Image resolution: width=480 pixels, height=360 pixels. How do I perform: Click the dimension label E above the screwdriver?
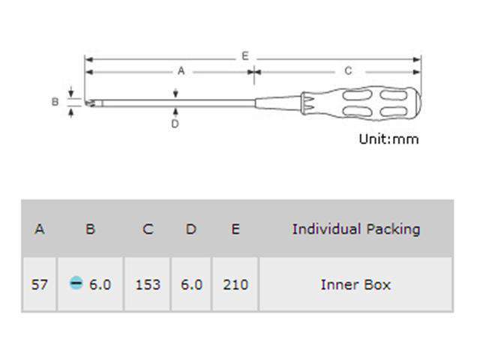click(245, 56)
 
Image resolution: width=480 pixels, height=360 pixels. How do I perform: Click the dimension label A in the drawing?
click(181, 71)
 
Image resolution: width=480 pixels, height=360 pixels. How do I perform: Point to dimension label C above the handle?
click(348, 71)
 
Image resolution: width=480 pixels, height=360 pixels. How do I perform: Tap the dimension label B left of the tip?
click(55, 101)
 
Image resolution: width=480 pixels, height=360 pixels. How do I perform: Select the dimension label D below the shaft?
click(175, 124)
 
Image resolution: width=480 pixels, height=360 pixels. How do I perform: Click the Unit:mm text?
click(388, 139)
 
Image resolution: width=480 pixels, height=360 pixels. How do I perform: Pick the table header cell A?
click(40, 229)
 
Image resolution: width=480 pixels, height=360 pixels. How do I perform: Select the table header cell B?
click(90, 229)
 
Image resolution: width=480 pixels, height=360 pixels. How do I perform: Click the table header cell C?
click(148, 229)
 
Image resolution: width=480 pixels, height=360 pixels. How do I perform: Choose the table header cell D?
click(191, 229)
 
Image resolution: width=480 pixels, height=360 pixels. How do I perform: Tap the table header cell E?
click(235, 229)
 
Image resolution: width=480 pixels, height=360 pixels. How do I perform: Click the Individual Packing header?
click(355, 229)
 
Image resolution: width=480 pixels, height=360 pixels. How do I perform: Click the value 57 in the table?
click(40, 284)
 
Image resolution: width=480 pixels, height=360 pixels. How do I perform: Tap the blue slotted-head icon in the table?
click(76, 283)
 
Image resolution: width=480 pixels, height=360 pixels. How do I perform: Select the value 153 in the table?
click(148, 284)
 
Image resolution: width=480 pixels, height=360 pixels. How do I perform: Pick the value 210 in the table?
click(235, 284)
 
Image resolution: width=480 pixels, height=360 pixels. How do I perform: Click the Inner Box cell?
click(355, 284)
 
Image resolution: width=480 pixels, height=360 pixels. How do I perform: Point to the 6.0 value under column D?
click(191, 284)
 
